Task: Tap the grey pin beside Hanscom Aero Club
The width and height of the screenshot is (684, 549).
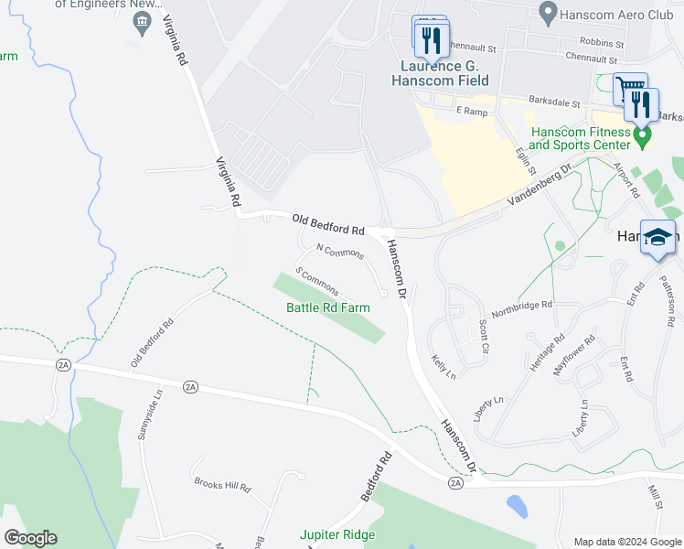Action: (548, 13)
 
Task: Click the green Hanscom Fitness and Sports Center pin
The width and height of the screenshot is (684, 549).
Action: (642, 137)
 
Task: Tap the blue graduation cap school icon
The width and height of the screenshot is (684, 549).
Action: (658, 237)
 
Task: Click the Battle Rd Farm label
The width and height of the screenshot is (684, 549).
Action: (328, 307)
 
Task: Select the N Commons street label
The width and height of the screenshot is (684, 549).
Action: (340, 251)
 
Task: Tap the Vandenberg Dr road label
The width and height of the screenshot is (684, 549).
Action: (540, 183)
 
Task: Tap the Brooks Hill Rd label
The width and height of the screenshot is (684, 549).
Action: (221, 485)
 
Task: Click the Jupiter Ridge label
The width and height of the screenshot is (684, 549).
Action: (338, 534)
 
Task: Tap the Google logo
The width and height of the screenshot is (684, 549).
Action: (30, 538)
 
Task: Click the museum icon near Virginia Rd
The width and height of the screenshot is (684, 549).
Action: (142, 23)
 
